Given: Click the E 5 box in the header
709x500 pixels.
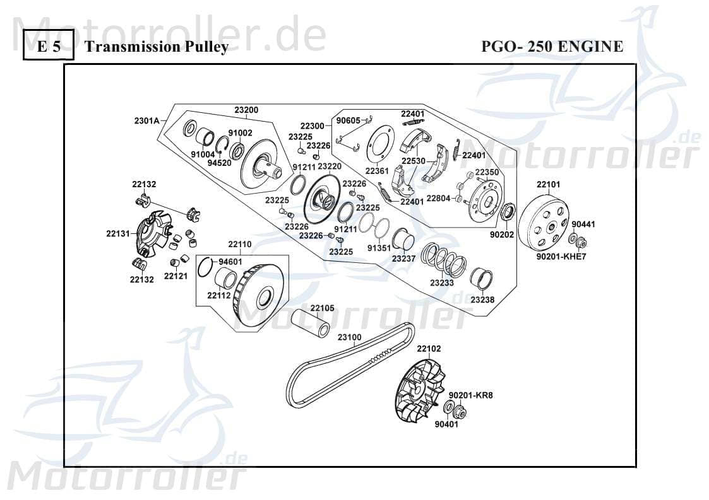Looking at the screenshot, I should tap(48, 47).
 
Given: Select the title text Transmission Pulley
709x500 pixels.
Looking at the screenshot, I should tap(156, 47).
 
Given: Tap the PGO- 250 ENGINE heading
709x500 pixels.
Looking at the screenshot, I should tap(552, 47).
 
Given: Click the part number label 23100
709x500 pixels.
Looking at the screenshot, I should tap(349, 337).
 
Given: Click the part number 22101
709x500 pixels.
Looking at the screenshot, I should tap(548, 185).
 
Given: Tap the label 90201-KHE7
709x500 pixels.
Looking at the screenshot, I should tap(561, 257).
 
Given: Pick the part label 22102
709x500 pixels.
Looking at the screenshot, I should tap(429, 349).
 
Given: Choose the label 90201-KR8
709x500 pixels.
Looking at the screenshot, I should tap(470, 395).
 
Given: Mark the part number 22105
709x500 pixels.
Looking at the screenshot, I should tap(322, 308).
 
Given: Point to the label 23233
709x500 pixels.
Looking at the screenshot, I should tap(442, 283).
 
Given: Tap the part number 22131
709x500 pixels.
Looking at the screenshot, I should tap(117, 233).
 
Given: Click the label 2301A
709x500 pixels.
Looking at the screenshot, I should tap(146, 120).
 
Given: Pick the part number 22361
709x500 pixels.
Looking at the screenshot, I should tap(377, 170).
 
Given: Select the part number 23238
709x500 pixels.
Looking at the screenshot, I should tap(482, 300).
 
